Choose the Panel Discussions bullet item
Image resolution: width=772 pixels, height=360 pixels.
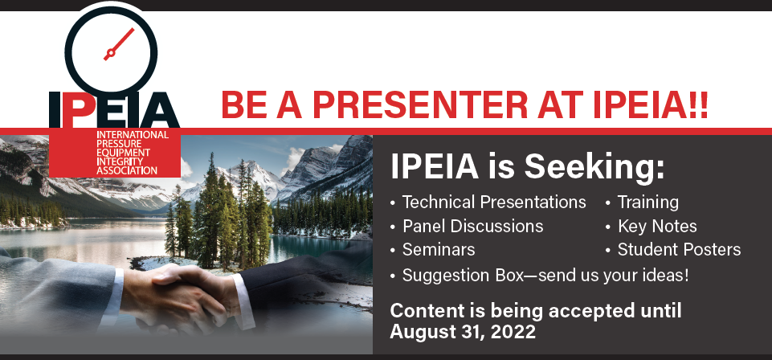point(472,226)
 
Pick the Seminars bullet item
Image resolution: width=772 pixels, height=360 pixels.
point(438,250)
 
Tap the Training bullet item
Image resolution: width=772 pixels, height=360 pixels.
point(647,202)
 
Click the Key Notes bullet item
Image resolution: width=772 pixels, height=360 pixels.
point(656,226)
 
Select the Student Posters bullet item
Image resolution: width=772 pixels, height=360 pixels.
point(679,250)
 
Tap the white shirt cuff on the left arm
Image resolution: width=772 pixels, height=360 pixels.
point(115,281)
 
